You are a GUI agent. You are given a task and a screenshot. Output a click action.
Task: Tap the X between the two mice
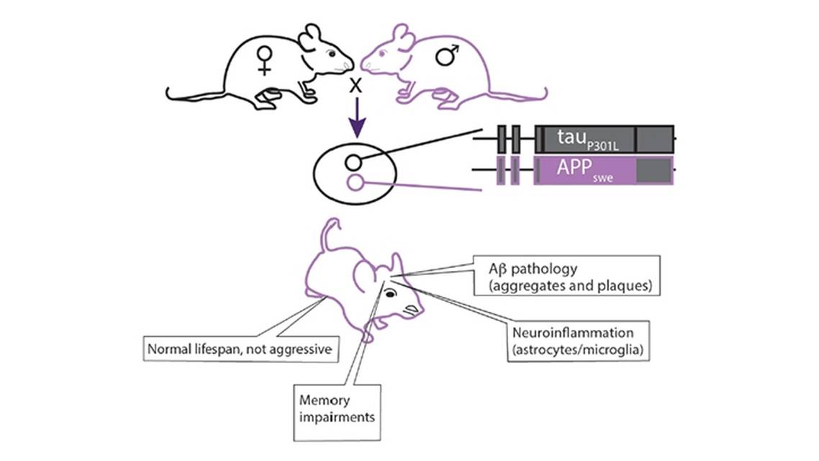coord(356,86)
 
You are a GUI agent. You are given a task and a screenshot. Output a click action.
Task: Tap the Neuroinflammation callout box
coord(582,341)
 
